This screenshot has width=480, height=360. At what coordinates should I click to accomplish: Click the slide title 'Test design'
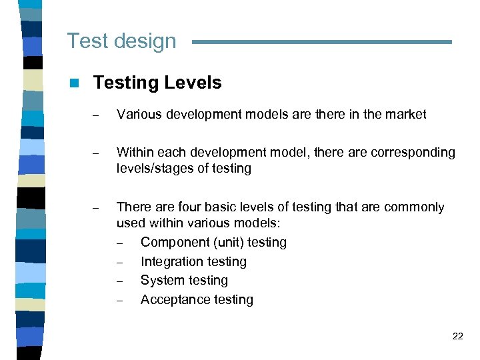121,41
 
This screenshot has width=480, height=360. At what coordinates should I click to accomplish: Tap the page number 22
457,336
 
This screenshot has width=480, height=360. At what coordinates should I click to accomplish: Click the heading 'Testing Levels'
157,83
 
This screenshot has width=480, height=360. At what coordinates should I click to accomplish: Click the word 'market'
402,114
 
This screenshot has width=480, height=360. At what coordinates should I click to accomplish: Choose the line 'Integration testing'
193,261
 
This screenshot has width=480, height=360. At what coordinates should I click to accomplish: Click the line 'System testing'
184,280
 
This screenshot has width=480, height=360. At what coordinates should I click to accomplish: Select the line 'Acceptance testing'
197,299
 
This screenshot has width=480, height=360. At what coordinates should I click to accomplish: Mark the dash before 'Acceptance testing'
120,300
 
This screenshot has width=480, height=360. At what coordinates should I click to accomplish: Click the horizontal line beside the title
321,42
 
